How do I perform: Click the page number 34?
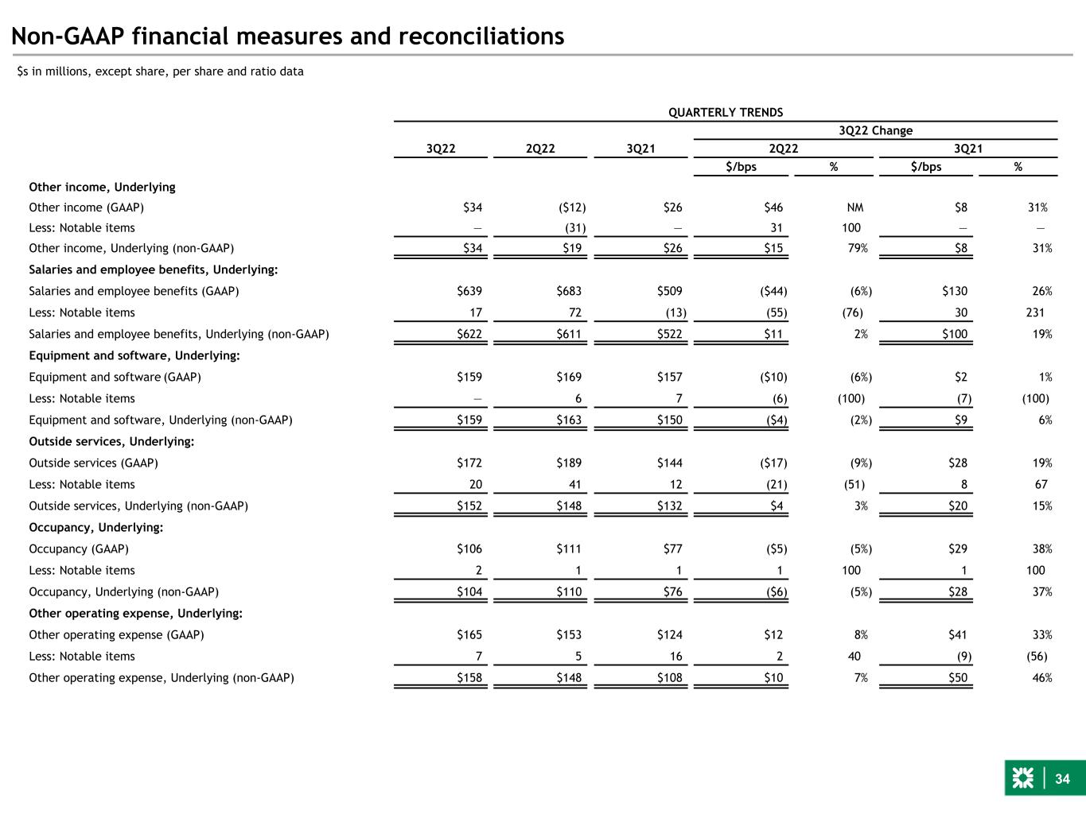1062,779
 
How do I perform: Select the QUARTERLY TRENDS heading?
725,112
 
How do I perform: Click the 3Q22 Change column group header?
875,130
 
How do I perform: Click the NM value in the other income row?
855,207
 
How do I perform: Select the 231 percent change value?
1035,312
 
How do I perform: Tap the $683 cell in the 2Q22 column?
570,291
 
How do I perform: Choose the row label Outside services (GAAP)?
93,463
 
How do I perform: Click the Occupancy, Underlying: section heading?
95,527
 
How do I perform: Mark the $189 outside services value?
570,463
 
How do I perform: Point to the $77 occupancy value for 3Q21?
673,548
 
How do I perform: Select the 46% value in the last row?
1041,678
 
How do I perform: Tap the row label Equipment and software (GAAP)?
115,378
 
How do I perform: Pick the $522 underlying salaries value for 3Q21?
670,334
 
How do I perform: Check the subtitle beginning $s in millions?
161,72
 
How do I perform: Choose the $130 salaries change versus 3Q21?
955,291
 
